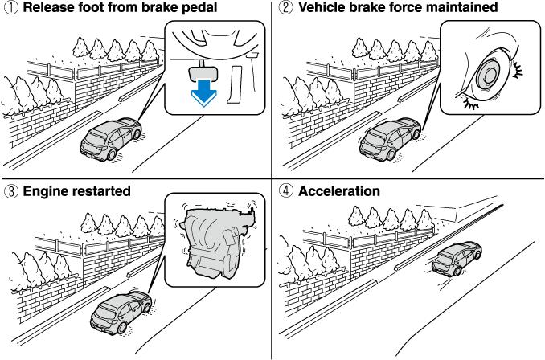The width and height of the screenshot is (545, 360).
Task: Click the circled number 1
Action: click(10, 8)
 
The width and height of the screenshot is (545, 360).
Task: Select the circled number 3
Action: click(10, 192)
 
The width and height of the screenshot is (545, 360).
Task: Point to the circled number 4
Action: click(285, 192)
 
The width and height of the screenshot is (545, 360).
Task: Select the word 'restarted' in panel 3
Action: click(100, 192)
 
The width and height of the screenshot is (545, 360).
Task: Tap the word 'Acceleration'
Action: click(338, 192)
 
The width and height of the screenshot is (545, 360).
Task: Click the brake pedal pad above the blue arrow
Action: click(205, 71)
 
